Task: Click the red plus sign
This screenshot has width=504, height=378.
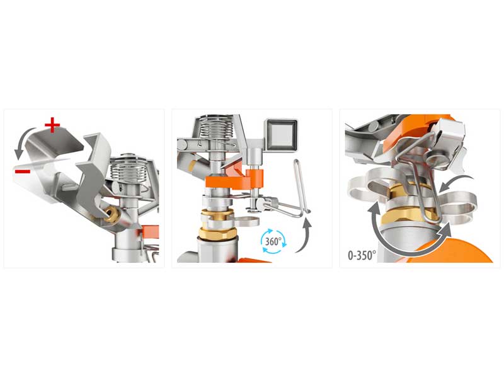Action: (52, 125)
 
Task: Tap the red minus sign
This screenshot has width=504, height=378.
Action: (23, 171)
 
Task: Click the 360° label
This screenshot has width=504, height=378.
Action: (273, 241)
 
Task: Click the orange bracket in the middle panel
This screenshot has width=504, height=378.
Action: (234, 181)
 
